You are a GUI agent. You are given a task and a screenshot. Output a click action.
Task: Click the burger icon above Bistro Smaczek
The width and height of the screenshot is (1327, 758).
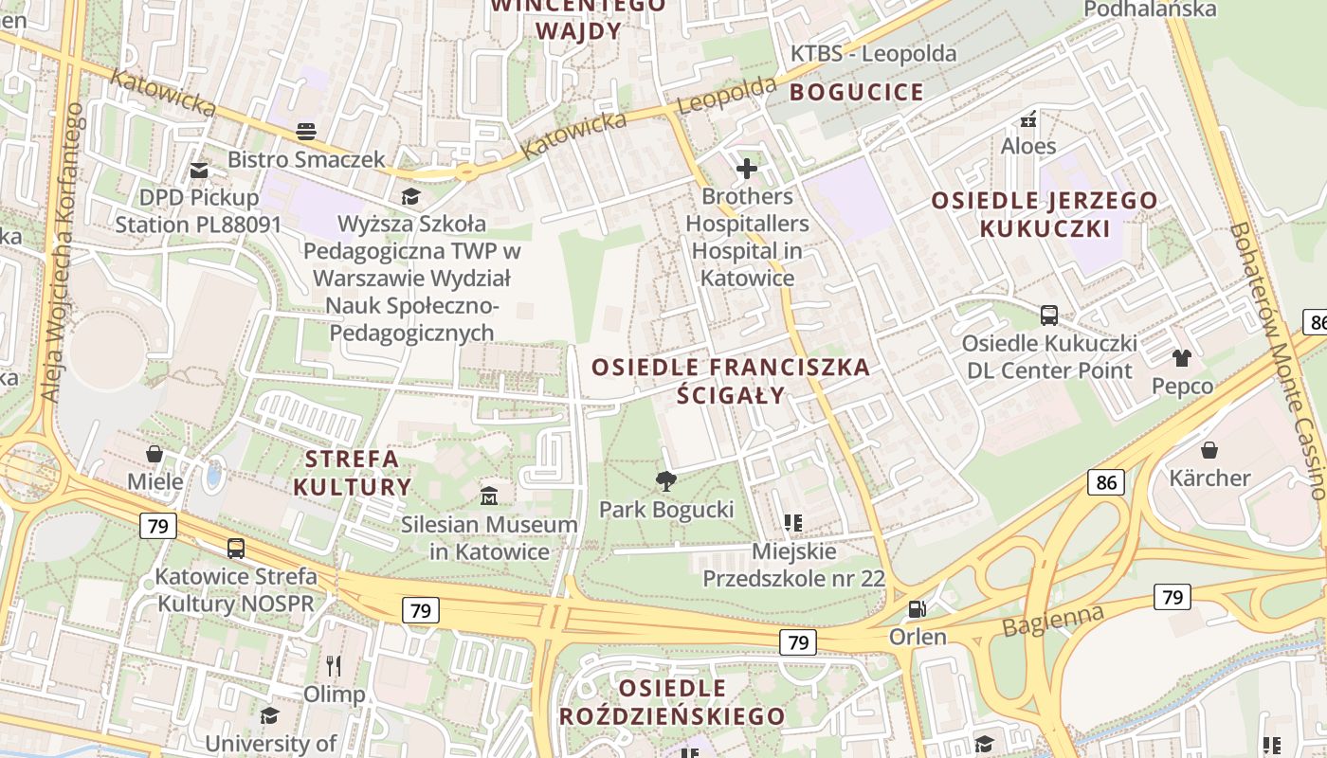pyautogui.click(x=305, y=131)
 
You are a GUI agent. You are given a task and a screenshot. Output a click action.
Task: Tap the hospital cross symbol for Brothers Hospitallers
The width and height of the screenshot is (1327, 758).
pyautogui.click(x=747, y=169)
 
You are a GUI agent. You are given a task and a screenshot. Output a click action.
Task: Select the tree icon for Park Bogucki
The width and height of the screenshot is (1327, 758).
pyautogui.click(x=666, y=481)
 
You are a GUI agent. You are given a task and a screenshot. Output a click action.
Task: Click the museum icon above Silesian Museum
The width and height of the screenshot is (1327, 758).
pyautogui.click(x=489, y=496)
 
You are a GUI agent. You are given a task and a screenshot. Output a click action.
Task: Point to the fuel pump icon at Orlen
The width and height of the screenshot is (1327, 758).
pyautogui.click(x=917, y=608)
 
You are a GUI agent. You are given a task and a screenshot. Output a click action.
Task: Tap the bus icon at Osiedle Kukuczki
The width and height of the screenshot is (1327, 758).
pyautogui.click(x=1049, y=316)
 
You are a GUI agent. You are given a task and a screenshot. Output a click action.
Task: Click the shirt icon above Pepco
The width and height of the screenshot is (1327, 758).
pyautogui.click(x=1181, y=357)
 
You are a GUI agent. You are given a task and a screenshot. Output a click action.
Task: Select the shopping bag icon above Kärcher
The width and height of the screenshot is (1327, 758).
pyautogui.click(x=1209, y=449)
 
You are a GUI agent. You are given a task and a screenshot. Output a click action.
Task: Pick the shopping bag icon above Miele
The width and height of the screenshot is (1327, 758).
pyautogui.click(x=155, y=454)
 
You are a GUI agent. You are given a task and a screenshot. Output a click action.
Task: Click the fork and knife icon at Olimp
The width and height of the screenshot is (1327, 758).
pyautogui.click(x=333, y=666)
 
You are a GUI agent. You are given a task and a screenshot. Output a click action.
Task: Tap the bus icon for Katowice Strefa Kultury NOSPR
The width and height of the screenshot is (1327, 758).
pyautogui.click(x=235, y=549)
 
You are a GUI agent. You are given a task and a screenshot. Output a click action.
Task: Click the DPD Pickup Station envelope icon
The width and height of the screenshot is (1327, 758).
pyautogui.click(x=198, y=171)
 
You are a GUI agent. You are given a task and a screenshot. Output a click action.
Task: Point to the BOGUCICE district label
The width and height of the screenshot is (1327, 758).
pyautogui.click(x=856, y=92)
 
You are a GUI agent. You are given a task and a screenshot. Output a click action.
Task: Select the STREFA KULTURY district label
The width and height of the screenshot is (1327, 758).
pyautogui.click(x=353, y=473)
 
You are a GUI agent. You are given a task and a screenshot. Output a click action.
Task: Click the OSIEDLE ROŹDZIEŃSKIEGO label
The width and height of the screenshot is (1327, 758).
pyautogui.click(x=672, y=701)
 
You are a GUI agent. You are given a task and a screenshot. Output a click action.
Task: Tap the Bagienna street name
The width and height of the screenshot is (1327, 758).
pyautogui.click(x=1053, y=622)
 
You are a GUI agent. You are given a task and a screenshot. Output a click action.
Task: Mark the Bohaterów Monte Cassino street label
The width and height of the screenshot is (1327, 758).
pyautogui.click(x=1277, y=360)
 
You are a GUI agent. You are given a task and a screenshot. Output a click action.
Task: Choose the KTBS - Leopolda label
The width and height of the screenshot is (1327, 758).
pyautogui.click(x=873, y=54)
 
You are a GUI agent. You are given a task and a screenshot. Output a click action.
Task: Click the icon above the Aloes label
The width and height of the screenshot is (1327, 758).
pyautogui.click(x=1027, y=119)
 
